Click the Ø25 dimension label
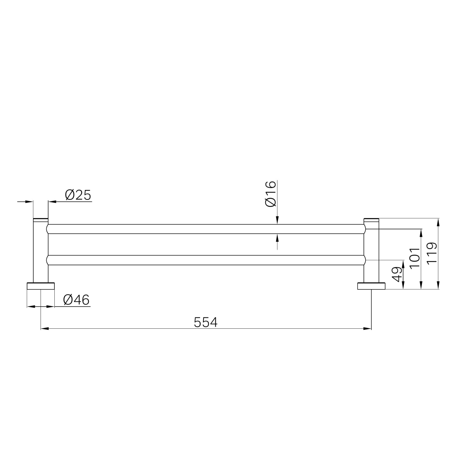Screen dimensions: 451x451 tap(78, 195)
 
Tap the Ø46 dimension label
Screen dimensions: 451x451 tap(76, 300)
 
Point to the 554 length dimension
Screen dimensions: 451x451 tap(205, 322)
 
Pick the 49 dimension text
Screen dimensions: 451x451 tap(397, 274)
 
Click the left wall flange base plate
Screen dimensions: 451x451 tap(41, 286)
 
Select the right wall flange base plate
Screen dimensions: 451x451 tap(371, 286)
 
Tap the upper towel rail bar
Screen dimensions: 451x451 tap(206, 229)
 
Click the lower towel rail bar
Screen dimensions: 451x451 tap(206, 260)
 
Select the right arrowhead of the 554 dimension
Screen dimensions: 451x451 tap(368, 328)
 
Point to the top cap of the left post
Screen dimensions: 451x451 tap(41, 219)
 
